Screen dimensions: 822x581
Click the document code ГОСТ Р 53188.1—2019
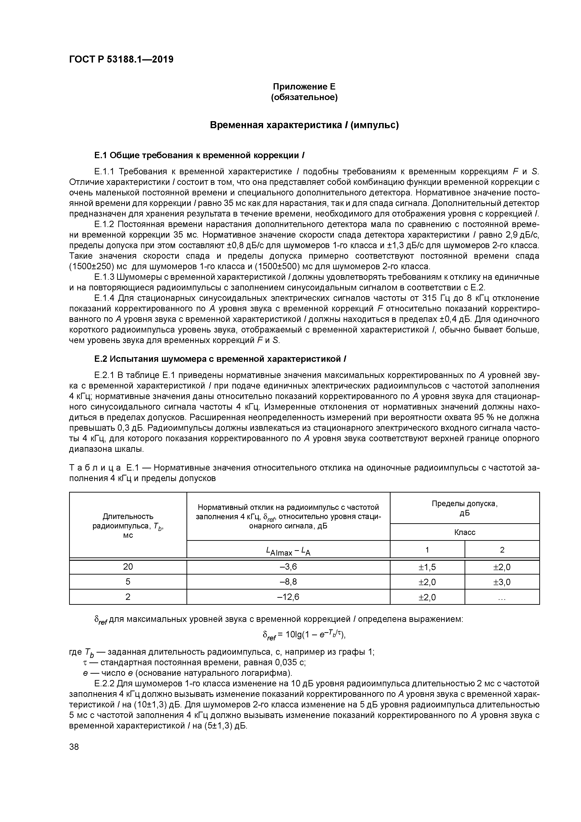pos(121,60)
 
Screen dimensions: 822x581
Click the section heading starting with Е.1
pos(199,155)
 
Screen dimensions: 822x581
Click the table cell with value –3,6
pos(288,567)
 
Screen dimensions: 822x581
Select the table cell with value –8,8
pos(288,582)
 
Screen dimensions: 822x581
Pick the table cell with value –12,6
pos(288,597)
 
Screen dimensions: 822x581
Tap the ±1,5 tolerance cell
pos(427,567)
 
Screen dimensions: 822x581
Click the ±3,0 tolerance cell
pos(502,582)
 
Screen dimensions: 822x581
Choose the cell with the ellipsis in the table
pos(502,597)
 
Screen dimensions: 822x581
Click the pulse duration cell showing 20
pos(128,567)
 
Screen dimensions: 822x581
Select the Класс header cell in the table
pos(465,532)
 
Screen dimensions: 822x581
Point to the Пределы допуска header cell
pos(465,508)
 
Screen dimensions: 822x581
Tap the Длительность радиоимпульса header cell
pos(128,525)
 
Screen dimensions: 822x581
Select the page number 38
pos(74,747)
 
